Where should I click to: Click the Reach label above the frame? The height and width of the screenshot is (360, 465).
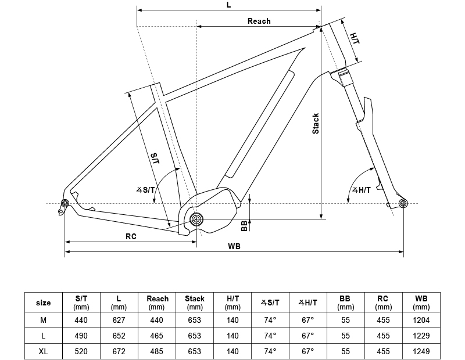pyautogui.click(x=259, y=21)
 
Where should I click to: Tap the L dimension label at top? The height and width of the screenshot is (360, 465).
pyautogui.click(x=228, y=5)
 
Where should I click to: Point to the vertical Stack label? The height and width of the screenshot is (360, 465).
pyautogui.click(x=316, y=123)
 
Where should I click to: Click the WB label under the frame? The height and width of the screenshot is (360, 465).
pyautogui.click(x=234, y=246)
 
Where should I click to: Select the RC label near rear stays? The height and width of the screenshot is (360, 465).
pyautogui.click(x=131, y=236)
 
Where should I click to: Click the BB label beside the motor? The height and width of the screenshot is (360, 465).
pyautogui.click(x=244, y=226)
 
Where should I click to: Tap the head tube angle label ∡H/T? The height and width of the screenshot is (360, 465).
pyautogui.click(x=361, y=190)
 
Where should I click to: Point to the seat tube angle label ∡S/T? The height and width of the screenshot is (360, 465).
pyautogui.click(x=145, y=190)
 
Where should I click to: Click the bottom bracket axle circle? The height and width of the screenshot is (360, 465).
pyautogui.click(x=196, y=219)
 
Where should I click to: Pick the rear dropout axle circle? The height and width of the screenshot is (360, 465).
pyautogui.click(x=65, y=203)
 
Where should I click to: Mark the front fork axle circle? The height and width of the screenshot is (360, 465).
pyautogui.click(x=403, y=203)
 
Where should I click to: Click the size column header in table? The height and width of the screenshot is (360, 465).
pyautogui.click(x=44, y=303)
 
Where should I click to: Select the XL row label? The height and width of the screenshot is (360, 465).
pyautogui.click(x=44, y=352)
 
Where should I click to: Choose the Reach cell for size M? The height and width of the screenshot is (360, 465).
pyautogui.click(x=158, y=319)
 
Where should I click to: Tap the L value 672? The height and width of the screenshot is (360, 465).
pyautogui.click(x=119, y=352)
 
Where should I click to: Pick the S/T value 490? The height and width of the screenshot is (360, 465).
pyautogui.click(x=81, y=336)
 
